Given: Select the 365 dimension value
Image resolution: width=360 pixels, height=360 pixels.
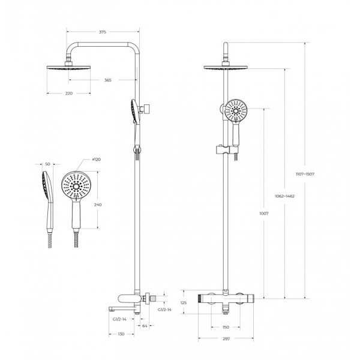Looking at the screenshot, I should pyautogui.click(x=107, y=80).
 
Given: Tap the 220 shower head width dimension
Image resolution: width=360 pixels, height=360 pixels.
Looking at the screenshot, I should pyautogui.click(x=68, y=94).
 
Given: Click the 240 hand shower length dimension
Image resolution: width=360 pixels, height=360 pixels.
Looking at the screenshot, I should pyautogui.click(x=98, y=205).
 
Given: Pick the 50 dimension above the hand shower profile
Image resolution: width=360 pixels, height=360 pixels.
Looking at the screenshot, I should pyautogui.click(x=48, y=163).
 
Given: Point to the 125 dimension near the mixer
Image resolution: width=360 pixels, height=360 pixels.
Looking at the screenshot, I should pyautogui.click(x=184, y=304).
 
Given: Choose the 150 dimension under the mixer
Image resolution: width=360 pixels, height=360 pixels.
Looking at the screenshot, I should pyautogui.click(x=226, y=327).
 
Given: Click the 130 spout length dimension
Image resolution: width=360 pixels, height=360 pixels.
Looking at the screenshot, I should pyautogui.click(x=121, y=334).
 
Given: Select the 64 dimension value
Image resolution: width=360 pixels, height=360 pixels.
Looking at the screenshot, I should pyautogui.click(x=145, y=326).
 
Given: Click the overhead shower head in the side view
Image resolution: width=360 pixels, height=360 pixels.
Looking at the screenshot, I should pyautogui.click(x=69, y=67).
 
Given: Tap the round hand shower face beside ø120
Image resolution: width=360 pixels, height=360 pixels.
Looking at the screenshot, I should pyautogui.click(x=76, y=184).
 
